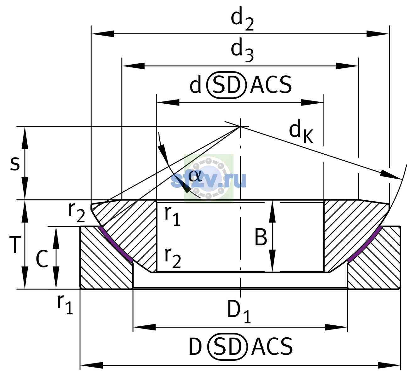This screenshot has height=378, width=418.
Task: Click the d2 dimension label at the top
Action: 242,19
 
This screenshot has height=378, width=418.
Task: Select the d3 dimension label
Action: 242,50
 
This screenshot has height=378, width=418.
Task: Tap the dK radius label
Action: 301,131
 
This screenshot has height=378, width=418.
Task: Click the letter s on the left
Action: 15,163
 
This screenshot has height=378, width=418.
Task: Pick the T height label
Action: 15,245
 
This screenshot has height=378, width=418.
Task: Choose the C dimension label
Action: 42,259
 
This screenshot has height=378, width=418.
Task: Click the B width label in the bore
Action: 261,237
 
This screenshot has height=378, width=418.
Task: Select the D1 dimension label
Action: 239,312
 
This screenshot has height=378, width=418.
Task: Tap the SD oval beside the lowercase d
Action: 227,85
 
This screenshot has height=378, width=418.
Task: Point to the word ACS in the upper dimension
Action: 271,85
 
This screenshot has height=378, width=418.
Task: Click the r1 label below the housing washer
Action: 65,305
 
